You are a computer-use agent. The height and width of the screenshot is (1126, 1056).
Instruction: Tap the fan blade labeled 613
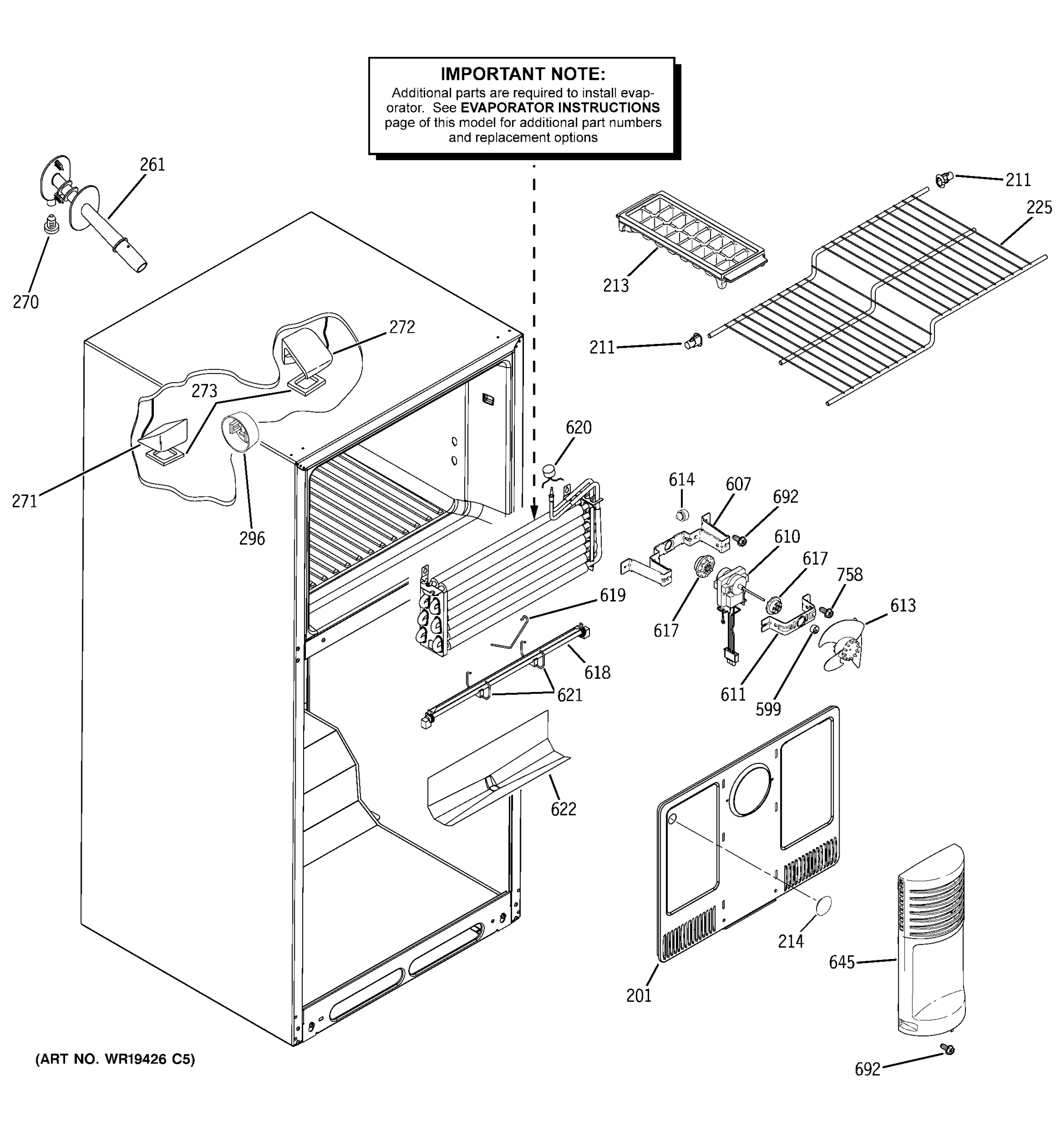pyautogui.click(x=844, y=646)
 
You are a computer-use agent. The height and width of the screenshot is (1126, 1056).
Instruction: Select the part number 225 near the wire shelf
pyautogui.click(x=1039, y=208)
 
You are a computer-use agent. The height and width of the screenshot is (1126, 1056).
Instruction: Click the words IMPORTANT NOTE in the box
pyautogui.click(x=522, y=74)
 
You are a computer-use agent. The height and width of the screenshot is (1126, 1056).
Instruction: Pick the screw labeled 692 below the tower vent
pyautogui.click(x=947, y=1049)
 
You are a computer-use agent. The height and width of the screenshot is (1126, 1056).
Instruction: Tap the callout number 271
pyautogui.click(x=24, y=501)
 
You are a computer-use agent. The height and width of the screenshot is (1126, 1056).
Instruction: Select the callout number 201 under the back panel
pyautogui.click(x=638, y=996)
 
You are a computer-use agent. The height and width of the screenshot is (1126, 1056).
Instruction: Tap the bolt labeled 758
pyautogui.click(x=826, y=612)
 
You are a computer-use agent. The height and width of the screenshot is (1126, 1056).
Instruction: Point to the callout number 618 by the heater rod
pyautogui.click(x=597, y=672)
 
